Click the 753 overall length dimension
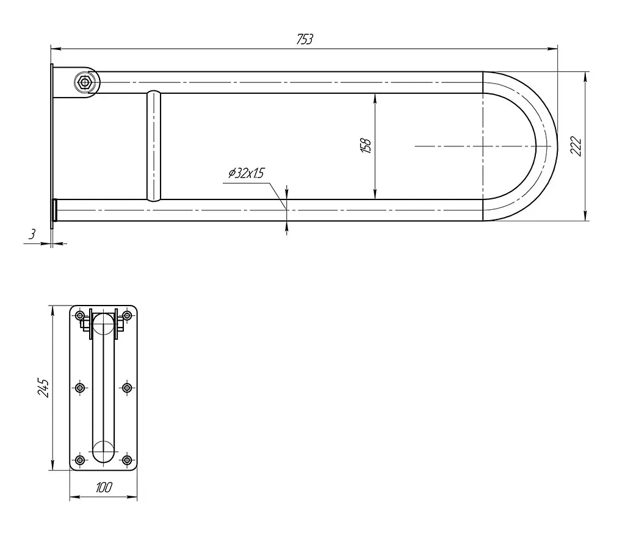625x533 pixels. point(305,39)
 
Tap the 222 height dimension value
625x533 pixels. point(576,146)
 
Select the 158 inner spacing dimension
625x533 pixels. point(366,146)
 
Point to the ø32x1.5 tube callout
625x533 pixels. point(247,173)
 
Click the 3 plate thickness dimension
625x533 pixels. point(32,234)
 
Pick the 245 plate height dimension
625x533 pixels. point(43,388)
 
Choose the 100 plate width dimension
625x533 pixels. point(104,487)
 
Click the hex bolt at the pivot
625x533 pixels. point(84,82)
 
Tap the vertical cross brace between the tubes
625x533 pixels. point(153,146)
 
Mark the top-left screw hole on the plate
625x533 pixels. point(80,316)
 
